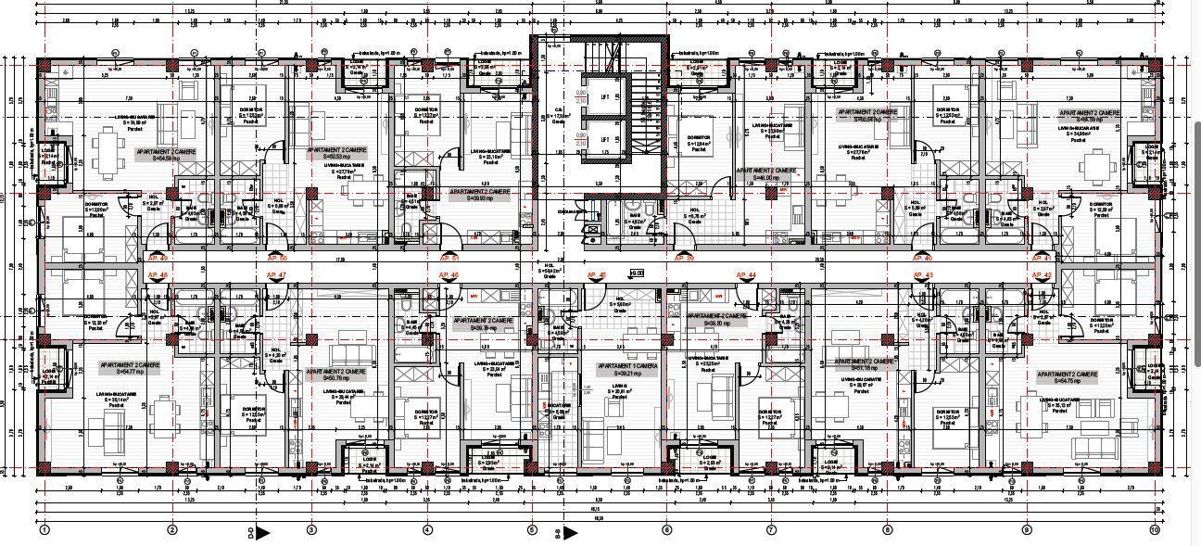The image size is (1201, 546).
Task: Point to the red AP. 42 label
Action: [1042, 276]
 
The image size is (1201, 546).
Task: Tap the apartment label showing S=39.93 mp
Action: [479, 194]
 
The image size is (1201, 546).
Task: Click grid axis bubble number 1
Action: [44, 530]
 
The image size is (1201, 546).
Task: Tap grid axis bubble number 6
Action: [666, 530]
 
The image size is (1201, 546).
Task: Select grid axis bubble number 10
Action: [1154, 530]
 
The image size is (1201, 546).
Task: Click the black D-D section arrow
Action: [262, 532]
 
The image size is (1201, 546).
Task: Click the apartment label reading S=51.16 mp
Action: [866, 364]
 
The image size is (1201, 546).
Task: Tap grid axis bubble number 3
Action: [311, 530]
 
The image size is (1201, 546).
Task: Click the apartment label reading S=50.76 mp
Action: [338, 375]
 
